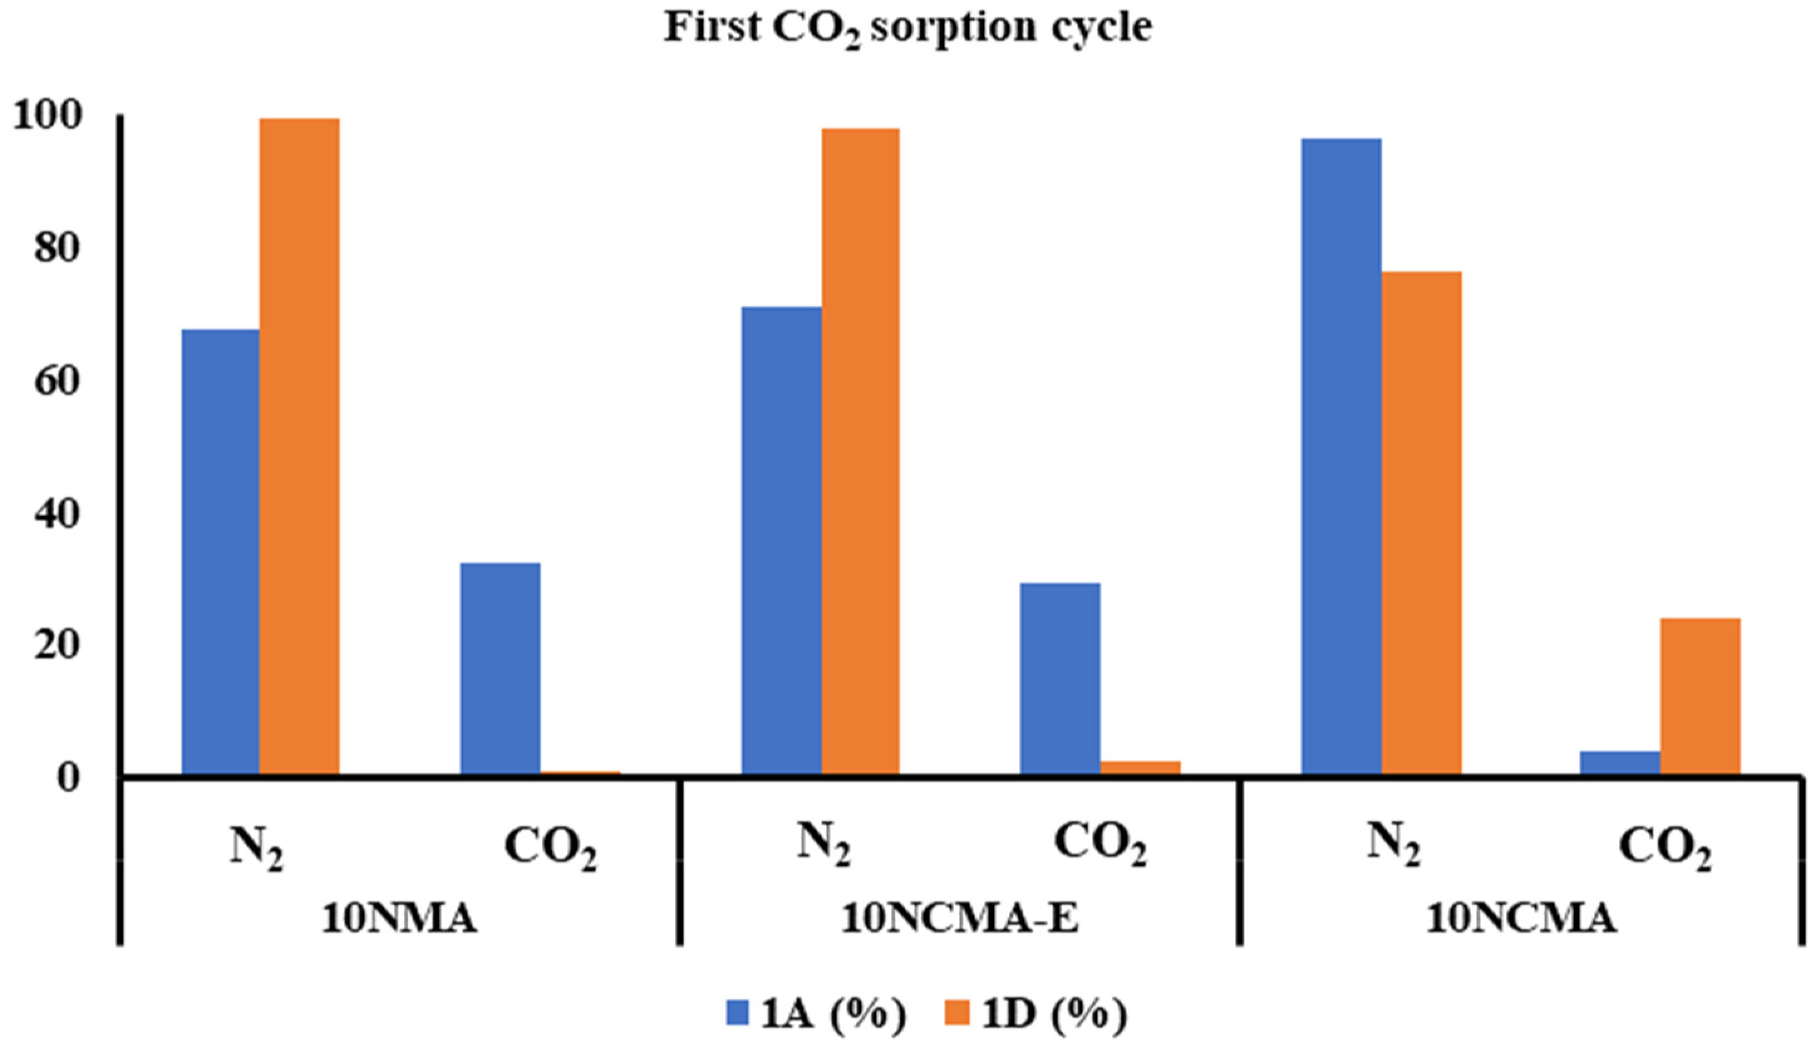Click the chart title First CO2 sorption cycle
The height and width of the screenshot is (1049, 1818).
point(907,29)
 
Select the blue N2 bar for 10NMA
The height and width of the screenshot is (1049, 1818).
point(220,551)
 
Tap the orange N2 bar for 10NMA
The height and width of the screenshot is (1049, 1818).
point(299,447)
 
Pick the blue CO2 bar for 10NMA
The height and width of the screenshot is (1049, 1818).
point(500,668)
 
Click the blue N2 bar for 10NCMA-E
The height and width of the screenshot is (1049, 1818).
point(781,541)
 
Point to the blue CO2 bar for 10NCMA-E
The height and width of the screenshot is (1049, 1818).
point(1060,678)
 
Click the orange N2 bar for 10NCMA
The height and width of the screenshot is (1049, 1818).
point(1421,522)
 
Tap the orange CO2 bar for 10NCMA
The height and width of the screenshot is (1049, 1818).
point(1700,696)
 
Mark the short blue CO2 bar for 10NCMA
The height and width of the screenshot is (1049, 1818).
point(1620,762)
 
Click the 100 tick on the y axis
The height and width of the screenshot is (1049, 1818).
point(56,117)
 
